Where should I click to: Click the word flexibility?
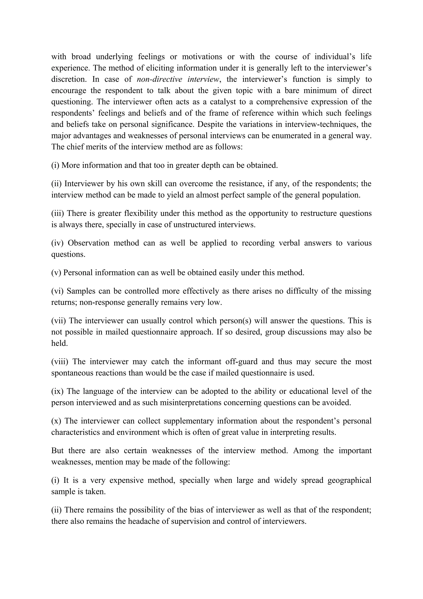(141, 213)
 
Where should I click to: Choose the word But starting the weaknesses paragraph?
(57, 451)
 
